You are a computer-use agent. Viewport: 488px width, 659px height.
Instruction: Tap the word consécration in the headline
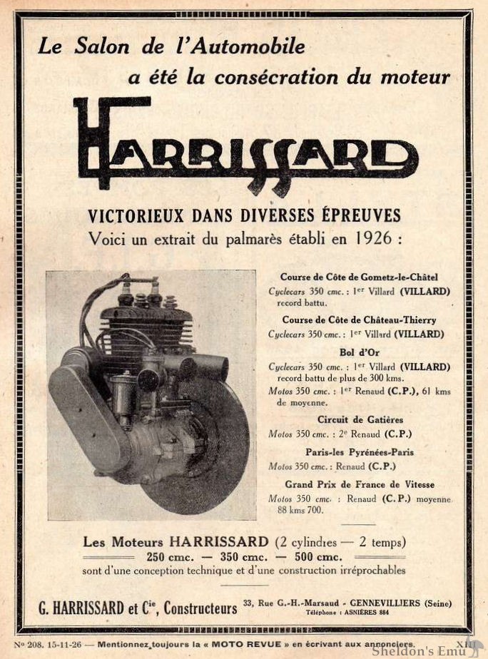285,77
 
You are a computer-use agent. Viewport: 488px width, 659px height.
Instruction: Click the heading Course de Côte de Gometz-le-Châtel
359,277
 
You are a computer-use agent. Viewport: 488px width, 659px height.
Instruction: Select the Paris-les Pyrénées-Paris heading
360,452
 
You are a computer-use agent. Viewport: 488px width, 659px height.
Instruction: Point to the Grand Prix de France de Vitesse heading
360,484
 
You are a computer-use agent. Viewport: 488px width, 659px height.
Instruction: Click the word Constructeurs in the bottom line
200,608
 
